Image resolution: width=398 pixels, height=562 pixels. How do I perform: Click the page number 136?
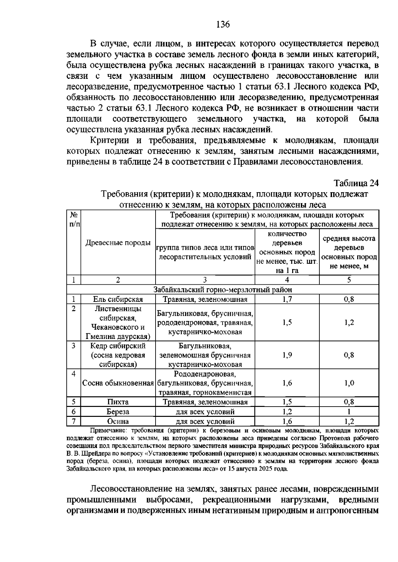(223, 25)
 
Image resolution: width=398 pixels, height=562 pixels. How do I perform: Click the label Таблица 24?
(356, 183)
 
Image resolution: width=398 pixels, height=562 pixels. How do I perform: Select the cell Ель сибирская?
(118, 300)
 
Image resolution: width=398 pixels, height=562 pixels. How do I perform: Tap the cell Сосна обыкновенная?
(118, 383)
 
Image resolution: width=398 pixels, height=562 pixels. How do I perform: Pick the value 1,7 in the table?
(287, 300)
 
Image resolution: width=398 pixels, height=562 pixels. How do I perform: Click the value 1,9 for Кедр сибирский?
(287, 355)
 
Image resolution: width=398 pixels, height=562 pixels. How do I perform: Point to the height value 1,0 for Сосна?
(349, 383)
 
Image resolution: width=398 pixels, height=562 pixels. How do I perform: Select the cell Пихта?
(118, 402)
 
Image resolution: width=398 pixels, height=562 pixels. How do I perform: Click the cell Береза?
(118, 412)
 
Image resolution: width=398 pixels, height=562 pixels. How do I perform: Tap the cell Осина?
(118, 421)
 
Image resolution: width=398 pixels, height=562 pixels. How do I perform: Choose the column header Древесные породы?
(118, 243)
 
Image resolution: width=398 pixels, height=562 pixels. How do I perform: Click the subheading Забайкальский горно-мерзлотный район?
(223, 290)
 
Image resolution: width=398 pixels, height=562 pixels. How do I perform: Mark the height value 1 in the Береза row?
(349, 412)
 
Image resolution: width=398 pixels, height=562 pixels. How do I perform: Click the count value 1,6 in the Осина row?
(287, 421)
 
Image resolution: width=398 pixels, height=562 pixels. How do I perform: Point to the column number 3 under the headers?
(205, 280)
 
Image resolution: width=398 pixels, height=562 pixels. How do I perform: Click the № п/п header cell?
(74, 219)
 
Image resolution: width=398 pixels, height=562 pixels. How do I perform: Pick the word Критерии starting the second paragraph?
(109, 140)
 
